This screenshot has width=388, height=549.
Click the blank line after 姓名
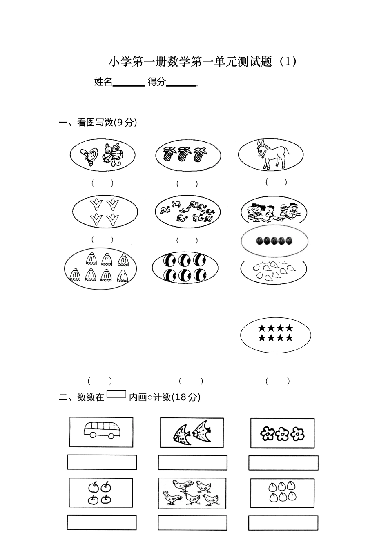tap(129, 83)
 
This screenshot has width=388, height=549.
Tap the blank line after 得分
tap(182, 83)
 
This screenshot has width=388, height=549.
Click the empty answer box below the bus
tap(102, 462)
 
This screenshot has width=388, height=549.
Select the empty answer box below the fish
tap(192, 463)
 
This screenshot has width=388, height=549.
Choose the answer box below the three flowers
tap(283, 463)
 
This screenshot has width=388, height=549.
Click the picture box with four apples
tap(100, 493)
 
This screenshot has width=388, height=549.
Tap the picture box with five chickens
tap(192, 493)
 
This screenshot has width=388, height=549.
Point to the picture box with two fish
tap(192, 433)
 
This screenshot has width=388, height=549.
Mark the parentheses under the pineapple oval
tap(187, 183)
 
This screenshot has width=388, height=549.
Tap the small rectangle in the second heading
tap(116, 394)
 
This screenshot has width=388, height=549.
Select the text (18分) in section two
tap(186, 397)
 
